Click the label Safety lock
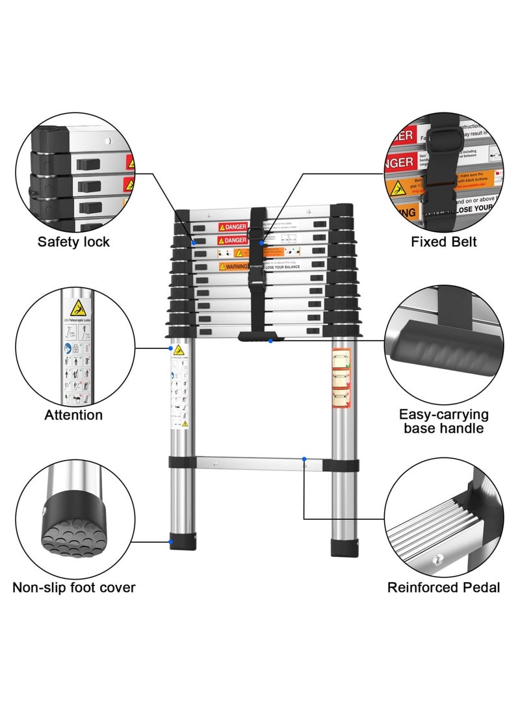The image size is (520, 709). point(73,242)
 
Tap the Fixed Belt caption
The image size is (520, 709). point(444,242)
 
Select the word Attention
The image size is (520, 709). point(73,415)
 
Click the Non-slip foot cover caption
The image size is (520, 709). point(74,587)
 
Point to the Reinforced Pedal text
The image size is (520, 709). point(444,587)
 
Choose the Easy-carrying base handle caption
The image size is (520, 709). point(444,421)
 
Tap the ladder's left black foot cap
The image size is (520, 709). point(182,542)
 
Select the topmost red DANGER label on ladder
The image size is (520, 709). point(233,227)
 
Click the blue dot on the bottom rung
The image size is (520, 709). point(304,459)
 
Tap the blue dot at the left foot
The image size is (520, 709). point(172,541)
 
